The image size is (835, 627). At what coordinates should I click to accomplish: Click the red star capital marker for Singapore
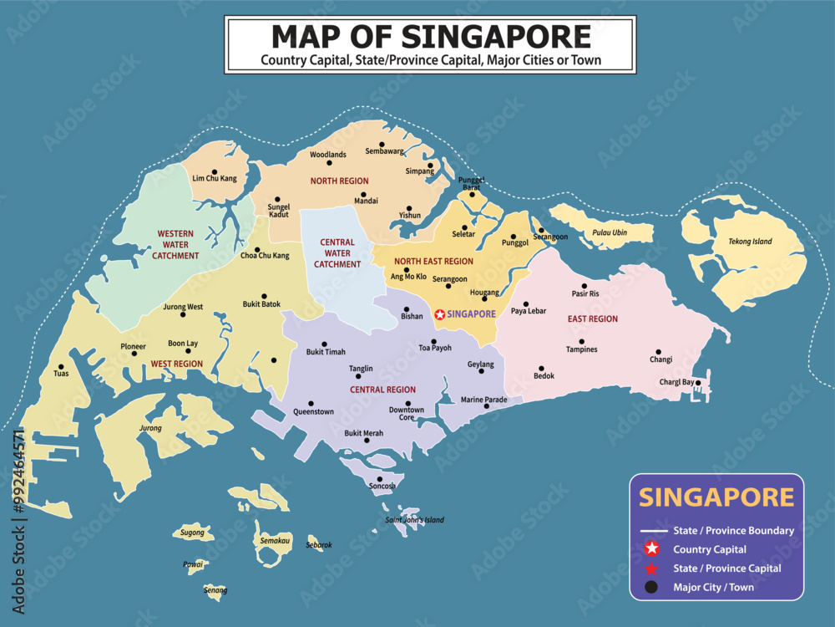[439, 313]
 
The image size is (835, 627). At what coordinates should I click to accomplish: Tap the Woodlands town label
[327, 155]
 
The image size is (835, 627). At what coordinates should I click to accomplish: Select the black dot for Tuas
[60, 365]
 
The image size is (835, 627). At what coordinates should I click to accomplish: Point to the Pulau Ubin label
[609, 232]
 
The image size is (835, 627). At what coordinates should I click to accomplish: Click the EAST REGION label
[593, 319]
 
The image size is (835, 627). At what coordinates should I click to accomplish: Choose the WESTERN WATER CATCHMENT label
[175, 244]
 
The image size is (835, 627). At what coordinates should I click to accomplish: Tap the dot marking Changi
[658, 352]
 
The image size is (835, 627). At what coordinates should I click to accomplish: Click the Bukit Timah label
[326, 352]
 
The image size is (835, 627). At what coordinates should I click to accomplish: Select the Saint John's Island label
[414, 520]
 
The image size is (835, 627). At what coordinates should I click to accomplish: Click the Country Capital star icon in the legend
[652, 549]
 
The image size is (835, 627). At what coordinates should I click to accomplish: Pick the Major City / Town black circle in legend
[652, 587]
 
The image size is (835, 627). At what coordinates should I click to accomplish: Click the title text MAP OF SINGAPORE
[431, 36]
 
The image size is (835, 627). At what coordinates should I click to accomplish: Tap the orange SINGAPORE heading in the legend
[716, 497]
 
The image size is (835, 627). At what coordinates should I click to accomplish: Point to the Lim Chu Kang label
[215, 178]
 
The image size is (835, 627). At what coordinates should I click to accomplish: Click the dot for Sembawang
[382, 144]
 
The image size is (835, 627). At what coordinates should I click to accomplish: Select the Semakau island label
[274, 542]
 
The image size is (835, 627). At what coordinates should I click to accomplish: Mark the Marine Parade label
[484, 400]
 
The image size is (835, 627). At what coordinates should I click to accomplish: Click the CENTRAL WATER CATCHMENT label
[337, 253]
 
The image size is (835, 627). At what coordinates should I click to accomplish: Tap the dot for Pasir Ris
[584, 285]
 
